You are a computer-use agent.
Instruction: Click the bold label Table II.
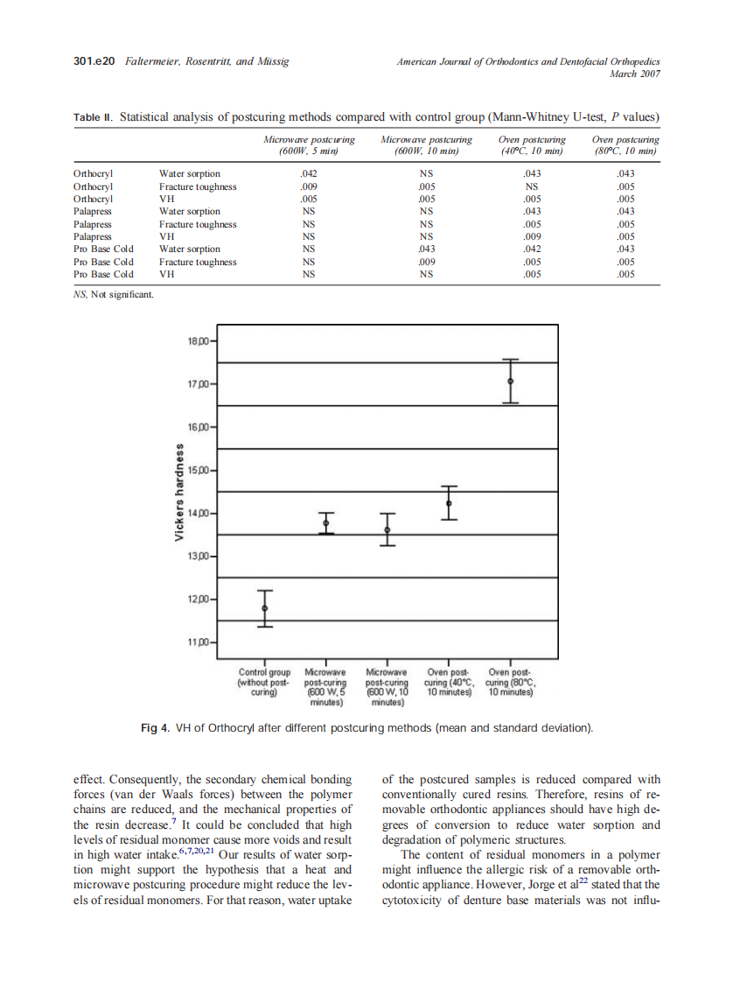point(94,117)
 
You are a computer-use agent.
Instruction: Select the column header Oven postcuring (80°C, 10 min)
point(625,145)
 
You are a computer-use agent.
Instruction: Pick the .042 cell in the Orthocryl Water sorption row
point(308,173)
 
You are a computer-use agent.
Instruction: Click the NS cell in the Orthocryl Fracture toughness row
point(530,186)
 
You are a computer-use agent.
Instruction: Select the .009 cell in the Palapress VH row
point(530,236)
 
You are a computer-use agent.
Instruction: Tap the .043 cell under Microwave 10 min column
point(427,249)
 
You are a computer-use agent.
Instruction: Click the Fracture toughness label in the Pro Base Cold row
point(197,262)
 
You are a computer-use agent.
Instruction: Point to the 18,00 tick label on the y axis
point(199,340)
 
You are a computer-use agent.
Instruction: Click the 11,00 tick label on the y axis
point(199,642)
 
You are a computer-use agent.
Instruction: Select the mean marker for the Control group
point(264,607)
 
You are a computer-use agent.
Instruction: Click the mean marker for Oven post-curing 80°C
point(511,381)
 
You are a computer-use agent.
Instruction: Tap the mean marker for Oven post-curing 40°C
point(449,503)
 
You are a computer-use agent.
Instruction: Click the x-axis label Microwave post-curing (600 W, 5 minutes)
point(325,687)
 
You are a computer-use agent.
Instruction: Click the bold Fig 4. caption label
point(155,728)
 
